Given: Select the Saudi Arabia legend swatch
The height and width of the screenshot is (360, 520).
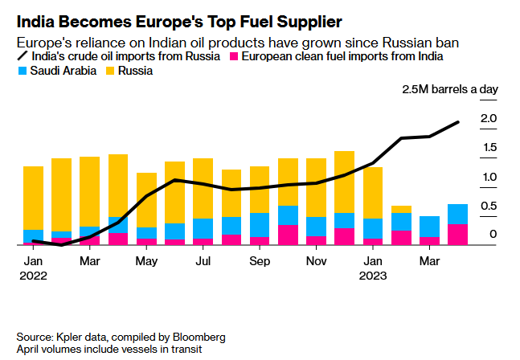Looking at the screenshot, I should coord(23,72).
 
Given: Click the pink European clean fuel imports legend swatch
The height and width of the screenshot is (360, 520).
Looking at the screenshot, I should coord(234,56).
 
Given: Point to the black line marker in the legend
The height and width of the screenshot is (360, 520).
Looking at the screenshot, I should coord(23,56).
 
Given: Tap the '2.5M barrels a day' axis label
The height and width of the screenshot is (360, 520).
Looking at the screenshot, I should coord(450,90).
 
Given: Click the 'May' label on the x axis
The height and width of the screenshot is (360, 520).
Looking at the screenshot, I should coord(146,262).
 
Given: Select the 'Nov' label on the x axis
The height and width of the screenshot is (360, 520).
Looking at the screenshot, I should coord(317,262).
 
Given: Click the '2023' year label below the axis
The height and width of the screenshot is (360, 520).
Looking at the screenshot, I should coord(374,276).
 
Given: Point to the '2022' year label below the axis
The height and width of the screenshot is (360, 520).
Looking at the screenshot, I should coord(34,276).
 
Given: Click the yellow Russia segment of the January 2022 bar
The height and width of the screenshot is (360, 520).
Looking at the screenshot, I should coord(34,198).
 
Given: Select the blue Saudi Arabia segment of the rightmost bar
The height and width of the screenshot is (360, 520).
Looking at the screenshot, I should coord(458,215).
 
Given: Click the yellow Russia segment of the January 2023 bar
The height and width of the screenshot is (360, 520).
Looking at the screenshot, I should coord(373,193).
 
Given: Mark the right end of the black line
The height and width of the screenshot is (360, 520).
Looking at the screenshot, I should coord(458,122).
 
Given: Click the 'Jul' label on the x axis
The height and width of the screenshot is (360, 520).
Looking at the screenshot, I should coord(203,262).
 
